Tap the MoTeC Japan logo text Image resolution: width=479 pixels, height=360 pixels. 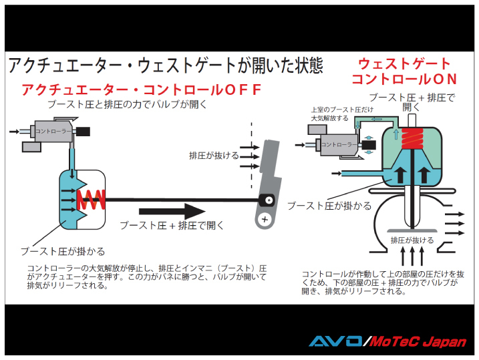pos(418,341)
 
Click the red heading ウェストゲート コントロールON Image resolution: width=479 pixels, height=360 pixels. pos(404,71)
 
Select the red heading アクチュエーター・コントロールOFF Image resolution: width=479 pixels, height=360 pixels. pos(141,89)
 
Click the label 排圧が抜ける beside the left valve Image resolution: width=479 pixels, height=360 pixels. pos(213,156)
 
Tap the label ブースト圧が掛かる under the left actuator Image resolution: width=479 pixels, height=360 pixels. pos(62,252)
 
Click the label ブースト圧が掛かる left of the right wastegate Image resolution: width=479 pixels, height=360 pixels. pos(329,206)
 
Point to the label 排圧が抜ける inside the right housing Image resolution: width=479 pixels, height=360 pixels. pos(412,240)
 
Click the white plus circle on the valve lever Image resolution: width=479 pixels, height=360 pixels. pos(265,218)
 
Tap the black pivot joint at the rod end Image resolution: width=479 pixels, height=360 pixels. pos(267,199)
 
